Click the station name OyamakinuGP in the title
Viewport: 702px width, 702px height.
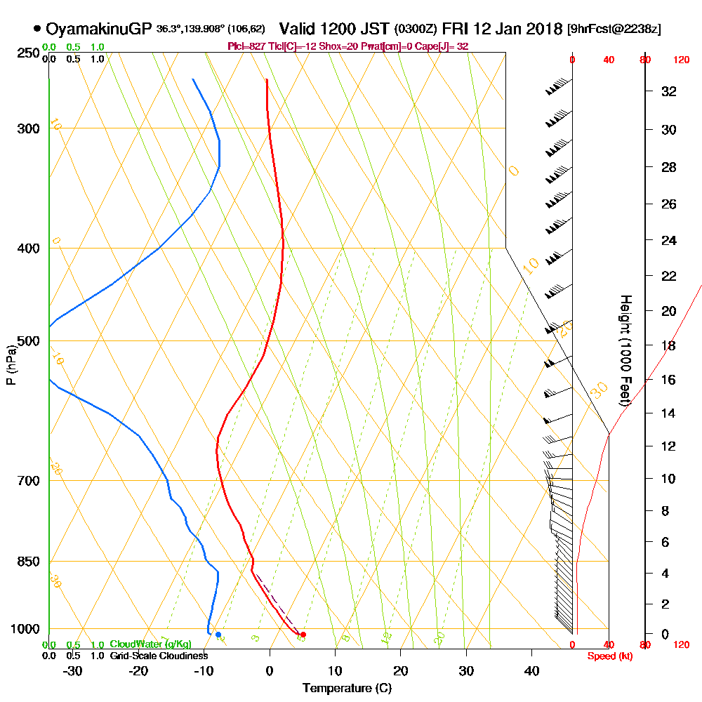pyautogui.click(x=98, y=29)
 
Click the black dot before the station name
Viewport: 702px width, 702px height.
pyautogui.click(x=37, y=29)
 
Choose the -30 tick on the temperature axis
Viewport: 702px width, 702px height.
pyautogui.click(x=73, y=670)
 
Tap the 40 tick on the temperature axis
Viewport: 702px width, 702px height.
pyautogui.click(x=531, y=670)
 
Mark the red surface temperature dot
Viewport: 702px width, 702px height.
pyautogui.click(x=303, y=635)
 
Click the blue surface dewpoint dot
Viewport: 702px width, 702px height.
pyautogui.click(x=218, y=635)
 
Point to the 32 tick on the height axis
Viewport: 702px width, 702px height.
pyautogui.click(x=669, y=91)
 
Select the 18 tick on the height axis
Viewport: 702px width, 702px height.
pyautogui.click(x=669, y=345)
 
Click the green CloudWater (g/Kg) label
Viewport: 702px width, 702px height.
pyautogui.click(x=150, y=644)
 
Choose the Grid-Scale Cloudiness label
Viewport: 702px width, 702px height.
pyautogui.click(x=159, y=656)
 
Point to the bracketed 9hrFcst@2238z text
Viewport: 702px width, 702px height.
pyautogui.click(x=614, y=29)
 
